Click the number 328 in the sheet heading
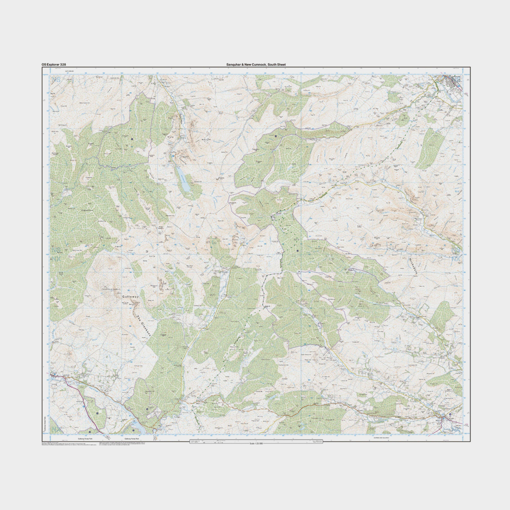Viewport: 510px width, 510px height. click(63, 64)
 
